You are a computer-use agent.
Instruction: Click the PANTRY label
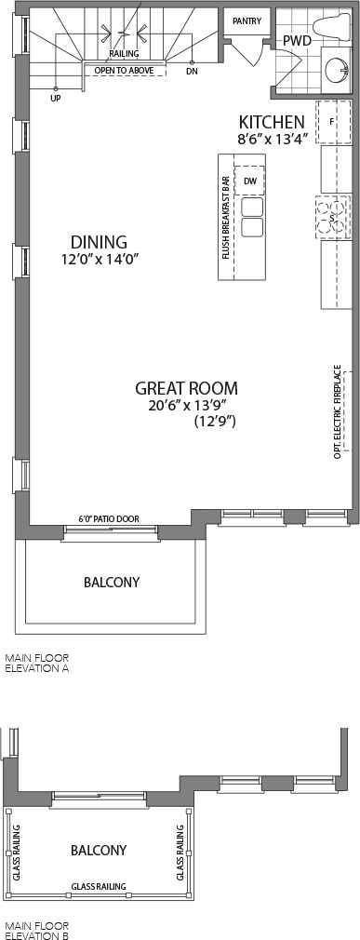point(247,21)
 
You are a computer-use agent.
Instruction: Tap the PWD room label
point(297,41)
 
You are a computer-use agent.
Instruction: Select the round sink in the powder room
point(337,72)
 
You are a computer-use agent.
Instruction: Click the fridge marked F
point(334,122)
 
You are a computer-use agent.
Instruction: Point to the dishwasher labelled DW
point(250,181)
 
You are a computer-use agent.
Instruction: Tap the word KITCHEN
point(272,122)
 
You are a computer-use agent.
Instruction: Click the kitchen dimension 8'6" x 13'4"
point(272,139)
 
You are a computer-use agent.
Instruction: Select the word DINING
point(99,242)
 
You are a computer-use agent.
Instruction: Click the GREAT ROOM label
point(186,388)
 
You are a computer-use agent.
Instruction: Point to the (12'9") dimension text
point(215,422)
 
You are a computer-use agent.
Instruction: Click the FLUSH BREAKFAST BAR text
point(226,218)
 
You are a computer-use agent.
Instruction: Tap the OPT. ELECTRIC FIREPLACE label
point(338,411)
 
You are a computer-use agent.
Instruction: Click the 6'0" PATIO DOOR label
point(109,518)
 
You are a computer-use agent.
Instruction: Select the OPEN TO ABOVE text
point(124,70)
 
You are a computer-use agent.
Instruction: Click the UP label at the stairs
point(56,99)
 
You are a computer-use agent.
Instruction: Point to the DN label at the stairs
point(192,71)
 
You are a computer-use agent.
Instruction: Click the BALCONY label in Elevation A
point(112,582)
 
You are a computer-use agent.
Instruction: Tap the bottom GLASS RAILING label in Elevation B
point(99,887)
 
